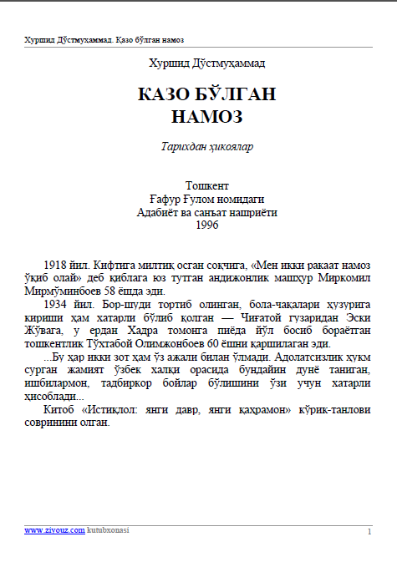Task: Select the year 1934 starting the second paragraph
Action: (58, 306)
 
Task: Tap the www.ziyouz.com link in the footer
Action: (54, 530)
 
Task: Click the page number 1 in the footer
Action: (369, 531)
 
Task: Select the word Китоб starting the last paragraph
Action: (59, 410)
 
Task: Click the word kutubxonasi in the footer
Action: (108, 530)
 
